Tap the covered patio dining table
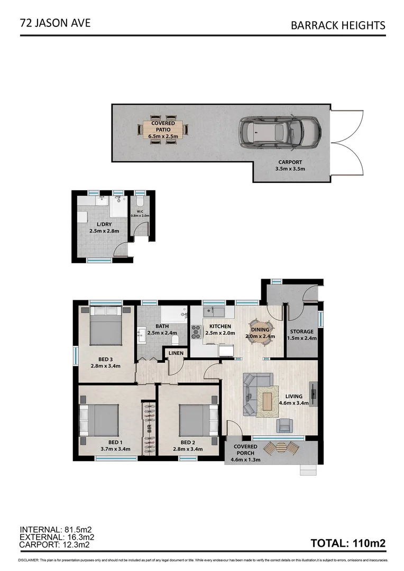tap(163, 129)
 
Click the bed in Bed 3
tap(106, 326)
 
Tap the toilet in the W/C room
tap(140, 202)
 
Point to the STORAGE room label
tap(301, 331)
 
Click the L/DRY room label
tap(104, 224)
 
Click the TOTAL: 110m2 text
tap(348, 542)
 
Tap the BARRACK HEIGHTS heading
tap(338, 25)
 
